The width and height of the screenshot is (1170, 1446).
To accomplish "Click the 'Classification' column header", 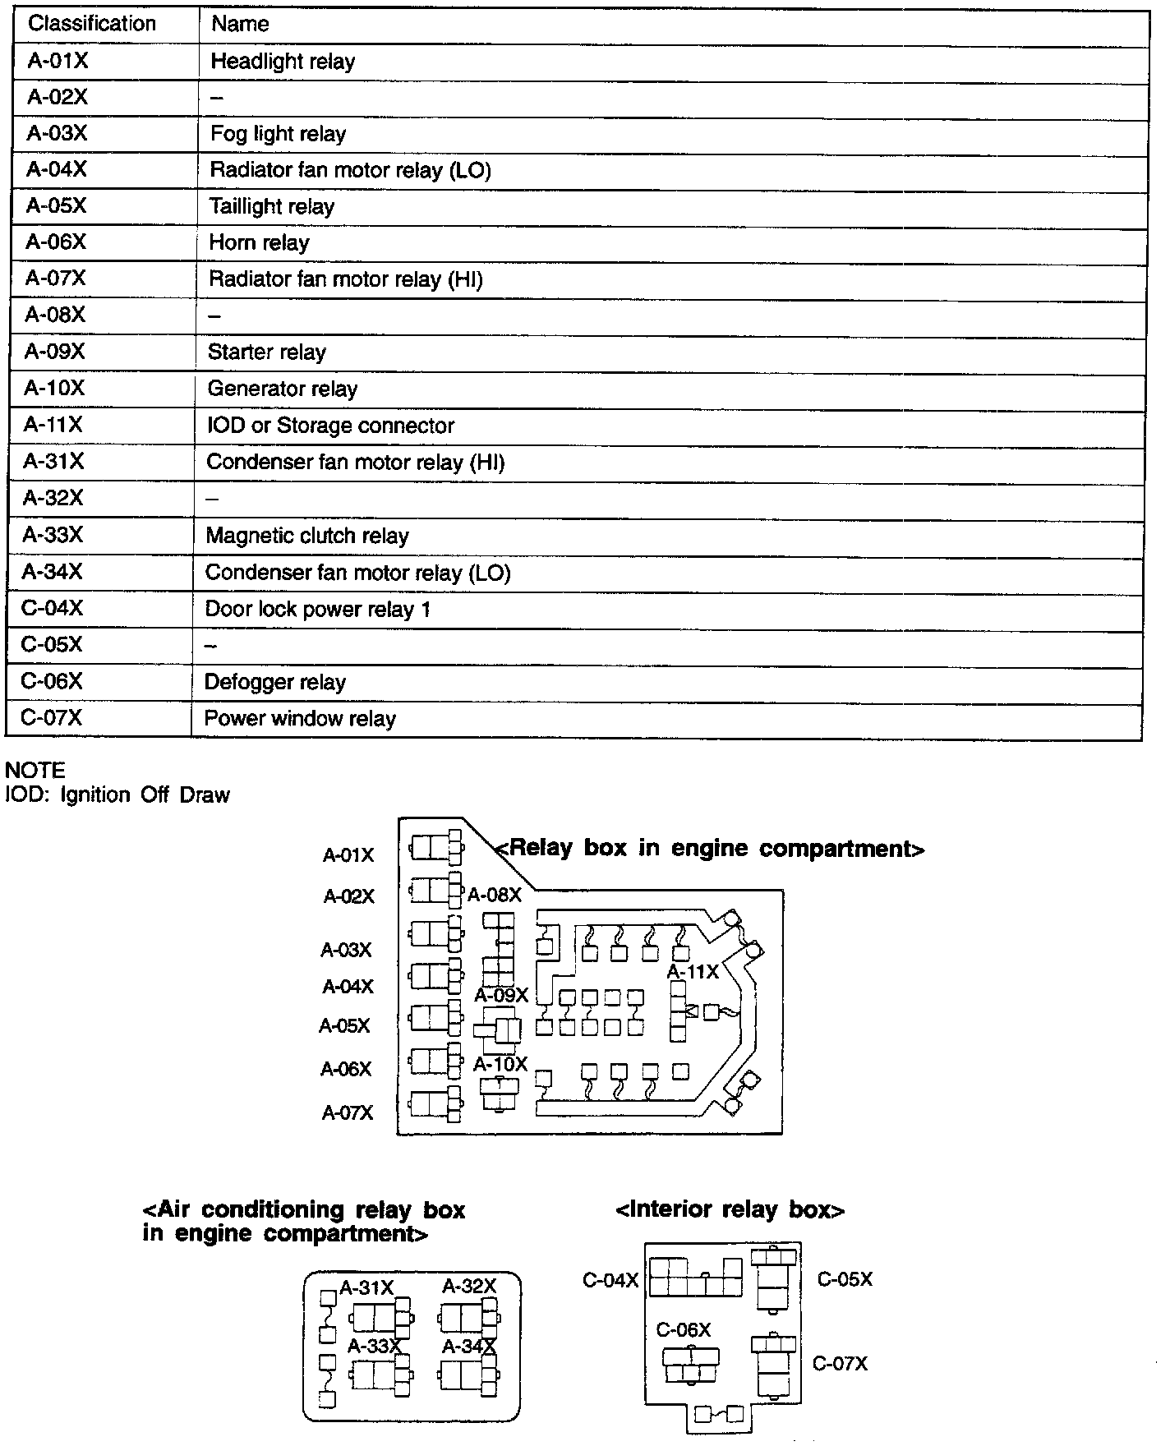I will (x=92, y=24).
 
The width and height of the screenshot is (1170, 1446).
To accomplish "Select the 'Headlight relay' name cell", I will (x=283, y=62).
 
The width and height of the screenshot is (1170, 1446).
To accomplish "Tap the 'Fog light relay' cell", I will (x=278, y=134).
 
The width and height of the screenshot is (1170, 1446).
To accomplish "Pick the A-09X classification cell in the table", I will (x=54, y=352).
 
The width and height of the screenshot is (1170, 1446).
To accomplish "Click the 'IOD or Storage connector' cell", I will (x=330, y=426).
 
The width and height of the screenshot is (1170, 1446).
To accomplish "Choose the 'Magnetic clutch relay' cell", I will (x=307, y=536).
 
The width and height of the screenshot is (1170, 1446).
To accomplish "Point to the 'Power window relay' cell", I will (x=300, y=719).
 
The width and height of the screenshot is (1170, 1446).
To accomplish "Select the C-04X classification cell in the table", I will (x=52, y=609).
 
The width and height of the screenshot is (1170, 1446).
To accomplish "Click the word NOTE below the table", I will (x=35, y=771).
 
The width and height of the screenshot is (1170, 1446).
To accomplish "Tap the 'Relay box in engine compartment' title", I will (x=712, y=849).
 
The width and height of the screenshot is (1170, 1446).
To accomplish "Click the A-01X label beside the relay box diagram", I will (x=348, y=856).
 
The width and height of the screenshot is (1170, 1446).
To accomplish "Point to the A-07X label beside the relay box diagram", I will (x=348, y=1113).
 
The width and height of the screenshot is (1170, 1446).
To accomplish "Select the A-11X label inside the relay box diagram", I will (x=693, y=972).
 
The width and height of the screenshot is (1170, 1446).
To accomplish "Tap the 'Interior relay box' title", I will (x=730, y=1210).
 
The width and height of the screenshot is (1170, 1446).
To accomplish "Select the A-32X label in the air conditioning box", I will (x=469, y=1287).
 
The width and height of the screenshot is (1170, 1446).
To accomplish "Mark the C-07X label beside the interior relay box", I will (x=840, y=1364).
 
